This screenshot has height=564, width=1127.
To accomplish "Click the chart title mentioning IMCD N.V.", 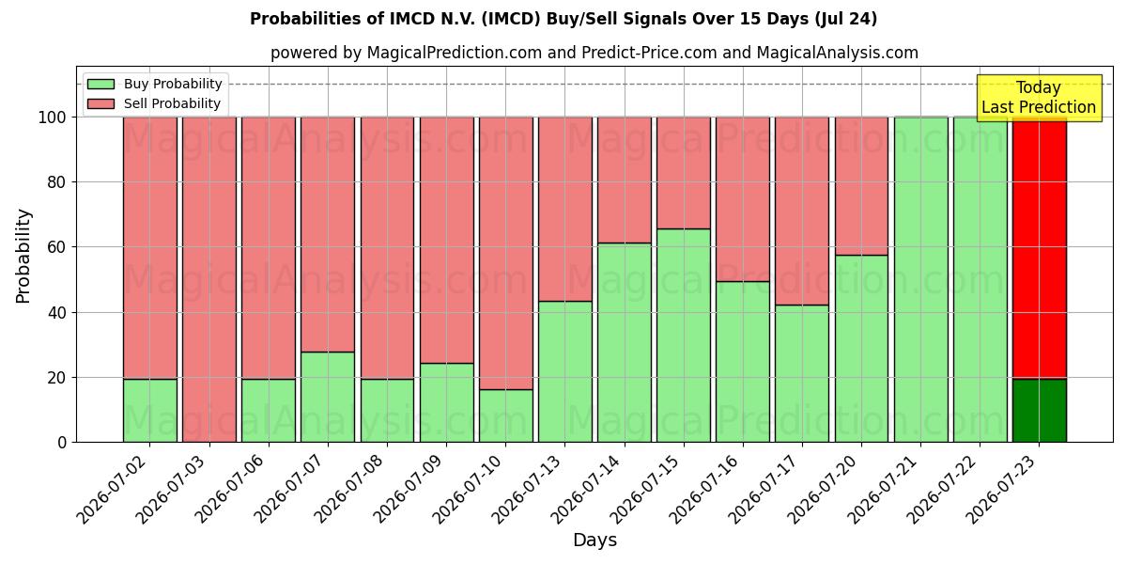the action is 563,19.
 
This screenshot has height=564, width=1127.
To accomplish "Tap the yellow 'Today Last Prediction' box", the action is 1039,98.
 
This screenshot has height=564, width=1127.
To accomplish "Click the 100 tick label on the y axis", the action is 53,117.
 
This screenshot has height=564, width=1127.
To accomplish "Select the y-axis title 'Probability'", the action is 23,256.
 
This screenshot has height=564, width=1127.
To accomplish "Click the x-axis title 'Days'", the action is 594,540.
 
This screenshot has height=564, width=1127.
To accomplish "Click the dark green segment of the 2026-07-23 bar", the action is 1040,411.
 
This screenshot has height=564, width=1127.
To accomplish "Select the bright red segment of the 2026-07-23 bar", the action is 1040,248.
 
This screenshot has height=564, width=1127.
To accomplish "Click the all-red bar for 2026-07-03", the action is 209,279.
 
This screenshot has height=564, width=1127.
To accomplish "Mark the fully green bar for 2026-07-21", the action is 921,279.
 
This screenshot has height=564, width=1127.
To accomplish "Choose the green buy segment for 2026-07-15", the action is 684,336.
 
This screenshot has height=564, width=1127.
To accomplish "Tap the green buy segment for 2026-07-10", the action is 506,415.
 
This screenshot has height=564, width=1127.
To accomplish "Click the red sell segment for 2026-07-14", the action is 625,180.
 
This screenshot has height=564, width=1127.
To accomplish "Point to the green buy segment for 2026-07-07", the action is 328,398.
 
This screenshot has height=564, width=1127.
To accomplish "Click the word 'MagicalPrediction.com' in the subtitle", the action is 455,53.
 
